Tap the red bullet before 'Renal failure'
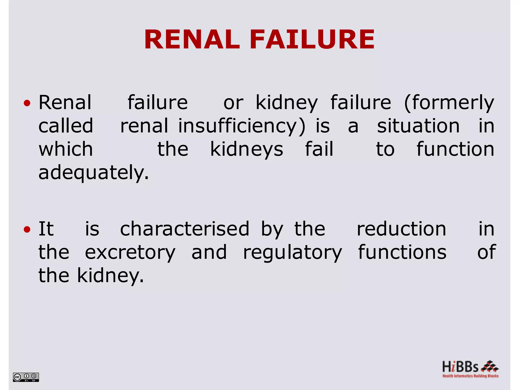click(27, 103)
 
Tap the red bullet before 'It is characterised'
click(27, 230)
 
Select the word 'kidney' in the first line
click(287, 103)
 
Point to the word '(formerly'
click(449, 103)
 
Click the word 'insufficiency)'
click(242, 126)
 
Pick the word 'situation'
click(418, 126)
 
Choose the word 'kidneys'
click(247, 149)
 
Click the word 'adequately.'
click(94, 173)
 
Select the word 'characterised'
click(185, 229)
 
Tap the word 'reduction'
click(401, 229)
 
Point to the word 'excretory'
click(130, 252)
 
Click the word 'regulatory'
click(292, 252)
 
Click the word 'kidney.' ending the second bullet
click(110, 276)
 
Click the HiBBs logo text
click(460, 367)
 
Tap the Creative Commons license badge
click(26, 377)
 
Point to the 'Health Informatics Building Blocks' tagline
click(470, 376)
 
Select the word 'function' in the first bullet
click(455, 149)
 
